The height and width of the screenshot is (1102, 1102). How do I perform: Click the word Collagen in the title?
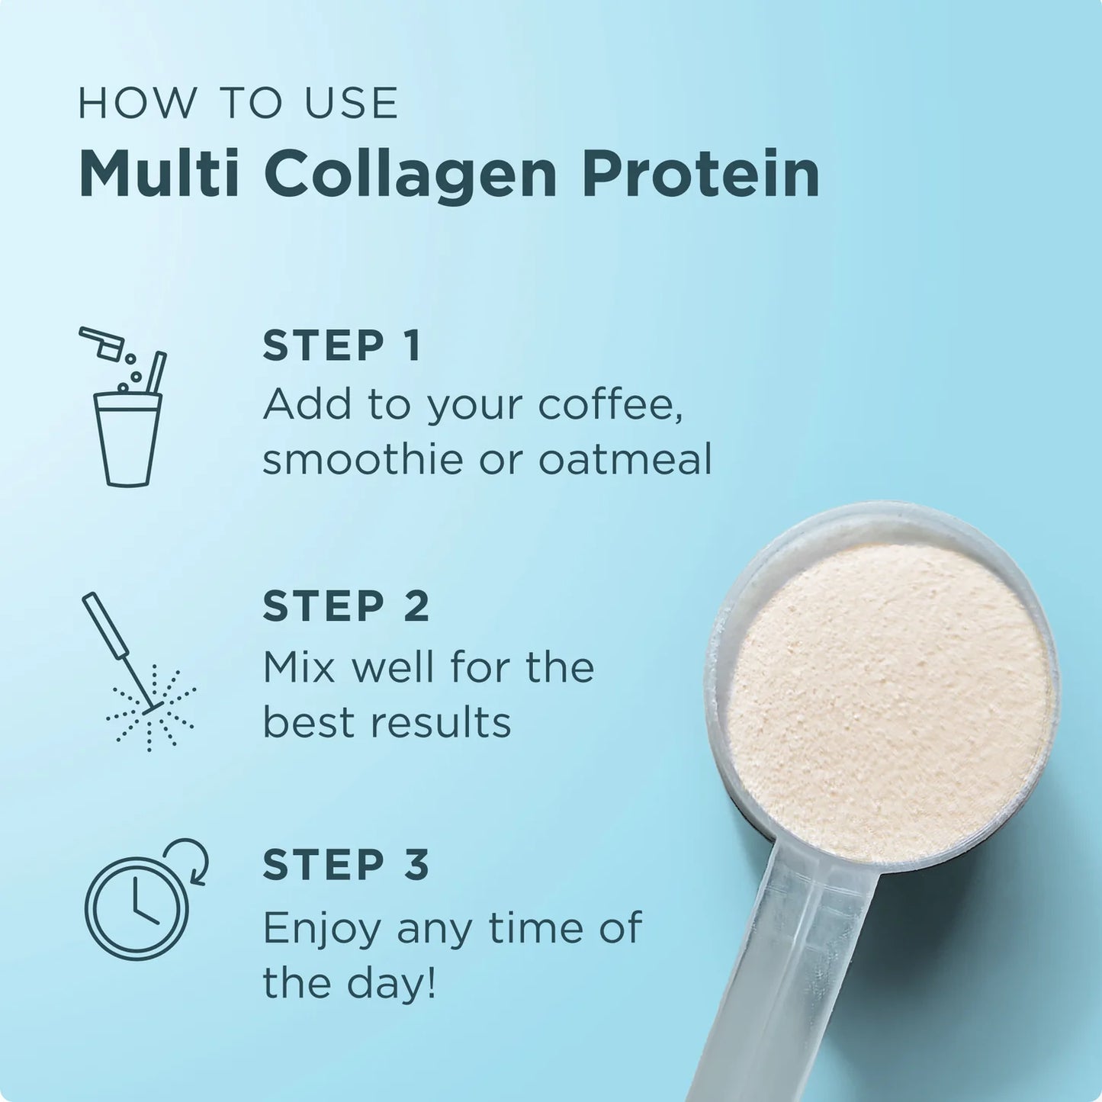(x=412, y=175)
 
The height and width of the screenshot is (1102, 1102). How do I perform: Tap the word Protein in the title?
(x=701, y=175)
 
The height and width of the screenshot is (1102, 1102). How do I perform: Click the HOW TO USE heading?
(x=239, y=104)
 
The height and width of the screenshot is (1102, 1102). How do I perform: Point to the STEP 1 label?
(x=341, y=346)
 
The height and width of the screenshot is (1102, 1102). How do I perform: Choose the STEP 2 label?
(x=346, y=606)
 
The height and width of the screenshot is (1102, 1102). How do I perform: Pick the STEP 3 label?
(x=346, y=866)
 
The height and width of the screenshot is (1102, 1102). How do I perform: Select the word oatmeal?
(x=625, y=459)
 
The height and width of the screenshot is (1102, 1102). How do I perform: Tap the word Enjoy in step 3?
(x=321, y=929)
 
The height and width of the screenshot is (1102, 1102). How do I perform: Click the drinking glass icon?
(x=127, y=439)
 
